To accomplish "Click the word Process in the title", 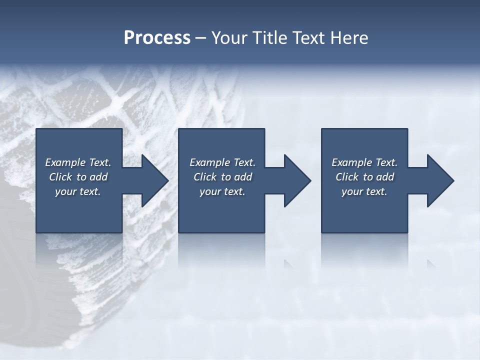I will [157, 38].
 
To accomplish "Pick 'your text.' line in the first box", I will [78, 191].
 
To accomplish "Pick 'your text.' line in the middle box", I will [222, 191].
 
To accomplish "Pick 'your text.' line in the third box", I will [364, 191].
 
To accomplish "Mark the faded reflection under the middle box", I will [222, 250].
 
